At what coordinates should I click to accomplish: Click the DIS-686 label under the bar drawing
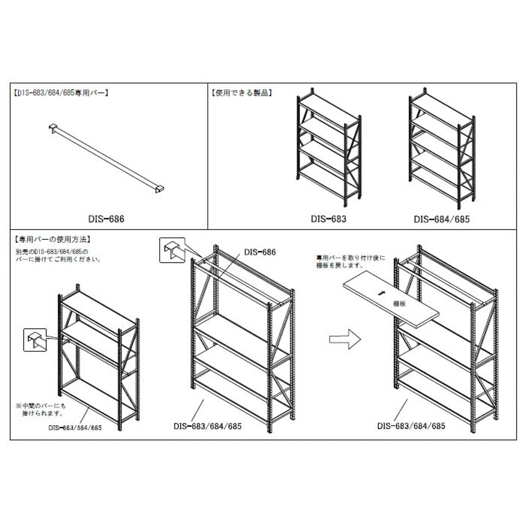point(106,219)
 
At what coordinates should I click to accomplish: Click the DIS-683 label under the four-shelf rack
point(328,219)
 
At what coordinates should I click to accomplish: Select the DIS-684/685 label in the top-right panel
point(441,220)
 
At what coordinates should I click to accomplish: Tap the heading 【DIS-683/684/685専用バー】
point(61,93)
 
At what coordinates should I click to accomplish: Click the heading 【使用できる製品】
point(242,93)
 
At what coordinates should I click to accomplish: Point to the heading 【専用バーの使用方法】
point(53,239)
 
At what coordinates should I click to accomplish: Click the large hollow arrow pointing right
point(345,339)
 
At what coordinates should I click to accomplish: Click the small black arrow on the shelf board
point(379,293)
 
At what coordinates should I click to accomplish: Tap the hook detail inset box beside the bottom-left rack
point(35,340)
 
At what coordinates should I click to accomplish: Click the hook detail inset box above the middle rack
point(172,250)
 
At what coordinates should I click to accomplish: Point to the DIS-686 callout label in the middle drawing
point(260,252)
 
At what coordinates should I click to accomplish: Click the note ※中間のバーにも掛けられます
point(41,410)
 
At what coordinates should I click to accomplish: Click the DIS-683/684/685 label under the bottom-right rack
point(411,426)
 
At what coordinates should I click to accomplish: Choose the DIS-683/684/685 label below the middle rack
point(208,426)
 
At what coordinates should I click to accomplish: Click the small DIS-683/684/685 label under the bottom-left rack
point(75,428)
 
